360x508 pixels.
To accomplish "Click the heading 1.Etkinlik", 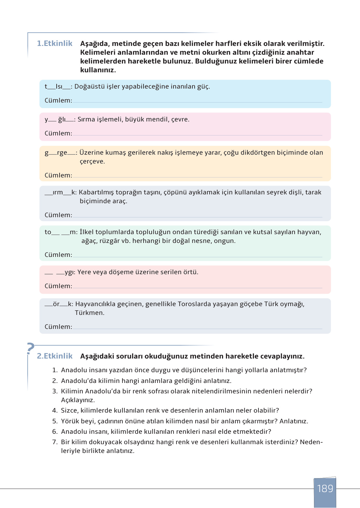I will (x=55, y=43).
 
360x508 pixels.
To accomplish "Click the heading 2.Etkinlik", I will (x=55, y=356).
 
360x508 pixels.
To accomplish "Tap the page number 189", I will (x=325, y=488).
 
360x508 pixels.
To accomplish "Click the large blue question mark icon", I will (x=31, y=348).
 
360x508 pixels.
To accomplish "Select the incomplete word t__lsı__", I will (x=58, y=87).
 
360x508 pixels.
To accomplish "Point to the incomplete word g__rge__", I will (x=60, y=153).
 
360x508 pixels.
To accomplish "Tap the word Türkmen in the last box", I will (x=90, y=313).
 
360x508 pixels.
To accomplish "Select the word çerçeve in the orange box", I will (x=92, y=162).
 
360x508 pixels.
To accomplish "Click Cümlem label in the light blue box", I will (x=58, y=101).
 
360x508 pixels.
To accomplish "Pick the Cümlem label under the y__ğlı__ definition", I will (x=58, y=134).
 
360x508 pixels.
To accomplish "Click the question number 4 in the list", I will (x=55, y=411).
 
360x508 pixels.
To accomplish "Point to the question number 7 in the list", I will (x=55, y=442).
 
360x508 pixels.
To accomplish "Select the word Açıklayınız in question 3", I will (x=78, y=400).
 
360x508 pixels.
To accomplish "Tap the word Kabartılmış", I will (x=96, y=192).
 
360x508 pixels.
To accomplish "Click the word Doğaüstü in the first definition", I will (x=88, y=87).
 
